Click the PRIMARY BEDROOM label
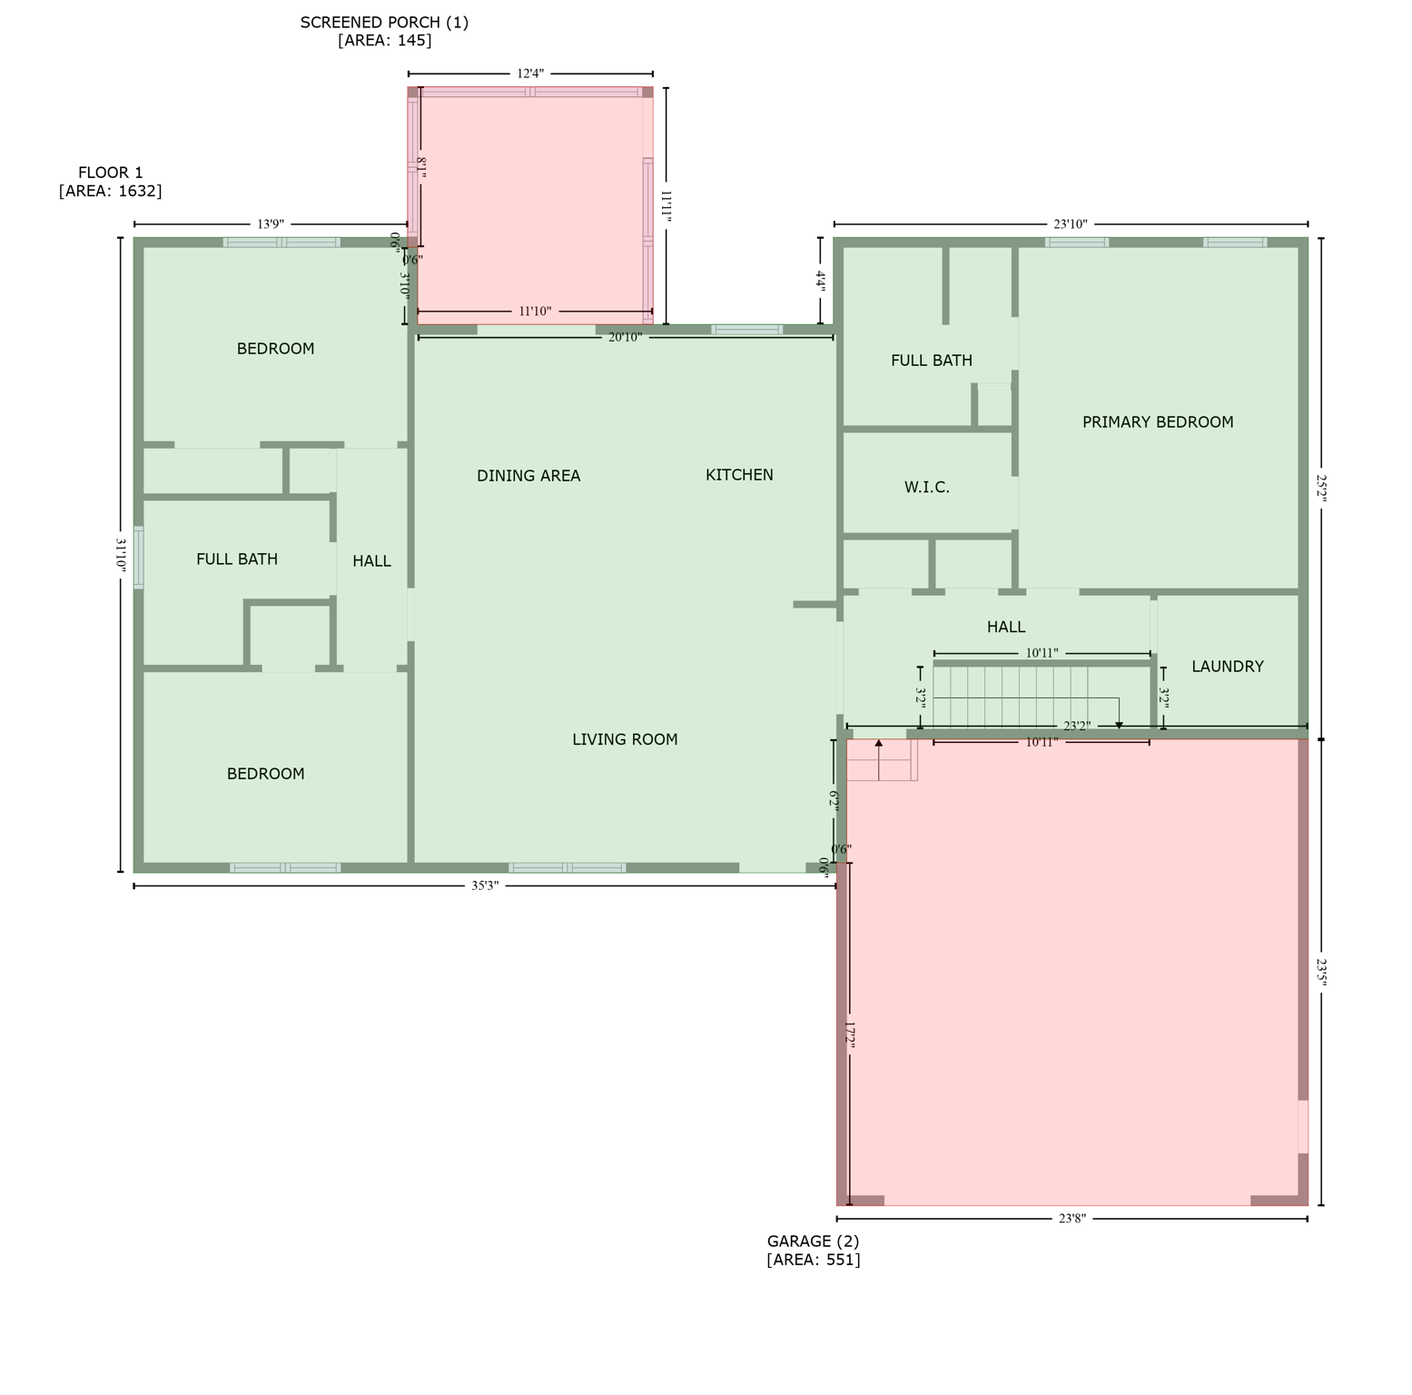1158,422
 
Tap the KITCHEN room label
739,475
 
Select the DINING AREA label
528,476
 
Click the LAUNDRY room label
1228,667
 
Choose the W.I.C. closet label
927,488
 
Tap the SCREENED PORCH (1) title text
384,23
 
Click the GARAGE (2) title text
813,1242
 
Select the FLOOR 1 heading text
111,173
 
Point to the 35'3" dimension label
485,886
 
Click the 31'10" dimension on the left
120,553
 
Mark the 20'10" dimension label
625,338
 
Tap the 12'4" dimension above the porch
530,74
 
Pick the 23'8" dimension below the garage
1072,1219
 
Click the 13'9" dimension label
271,224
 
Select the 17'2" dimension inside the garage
851,1036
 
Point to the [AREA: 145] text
384,41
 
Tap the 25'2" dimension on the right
1321,488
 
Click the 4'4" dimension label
820,281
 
